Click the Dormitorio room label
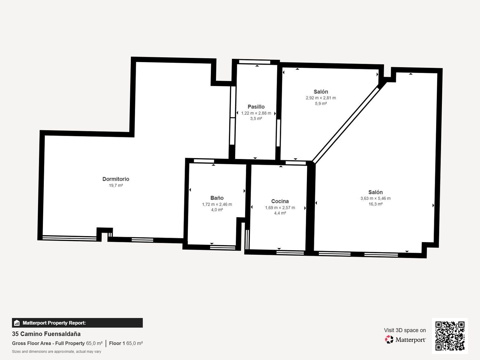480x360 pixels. (116, 179)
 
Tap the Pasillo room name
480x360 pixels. (256, 107)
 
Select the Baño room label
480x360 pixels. (217, 198)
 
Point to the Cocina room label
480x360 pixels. (280, 201)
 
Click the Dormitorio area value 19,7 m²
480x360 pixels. (116, 186)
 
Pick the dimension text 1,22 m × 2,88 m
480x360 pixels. (256, 113)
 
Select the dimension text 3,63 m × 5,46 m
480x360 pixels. (375, 198)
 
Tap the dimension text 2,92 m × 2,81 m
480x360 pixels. (321, 98)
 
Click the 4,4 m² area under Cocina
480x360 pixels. (280, 213)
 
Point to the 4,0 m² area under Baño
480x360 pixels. (217, 210)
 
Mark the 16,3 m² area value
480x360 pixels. (375, 204)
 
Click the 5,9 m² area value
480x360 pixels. (321, 104)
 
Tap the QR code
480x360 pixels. (450, 336)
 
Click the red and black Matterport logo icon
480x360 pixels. (389, 340)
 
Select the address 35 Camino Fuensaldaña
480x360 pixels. (46, 334)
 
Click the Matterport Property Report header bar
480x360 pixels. (77, 323)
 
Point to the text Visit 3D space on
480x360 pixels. (405, 330)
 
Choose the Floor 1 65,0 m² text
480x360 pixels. (126, 343)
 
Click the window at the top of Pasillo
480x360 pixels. (254, 62)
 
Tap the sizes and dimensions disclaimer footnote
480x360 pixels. (57, 352)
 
